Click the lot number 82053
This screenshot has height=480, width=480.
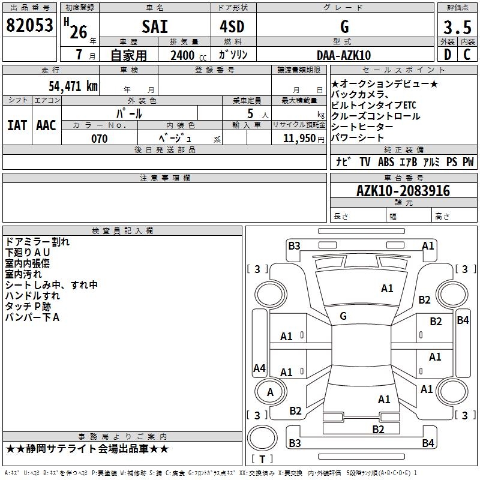[30, 26]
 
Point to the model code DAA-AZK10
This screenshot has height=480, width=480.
[344, 55]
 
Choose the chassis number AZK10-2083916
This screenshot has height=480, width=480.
[403, 191]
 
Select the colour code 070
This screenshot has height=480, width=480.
[99, 139]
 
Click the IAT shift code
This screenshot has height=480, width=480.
[17, 125]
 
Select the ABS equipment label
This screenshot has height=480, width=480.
[386, 162]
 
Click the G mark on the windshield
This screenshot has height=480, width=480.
[343, 316]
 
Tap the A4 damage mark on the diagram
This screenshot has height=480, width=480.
[259, 368]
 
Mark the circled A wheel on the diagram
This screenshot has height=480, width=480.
[270, 392]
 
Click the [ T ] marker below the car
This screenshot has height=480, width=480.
[262, 459]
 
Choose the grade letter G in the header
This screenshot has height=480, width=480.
[344, 26]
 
